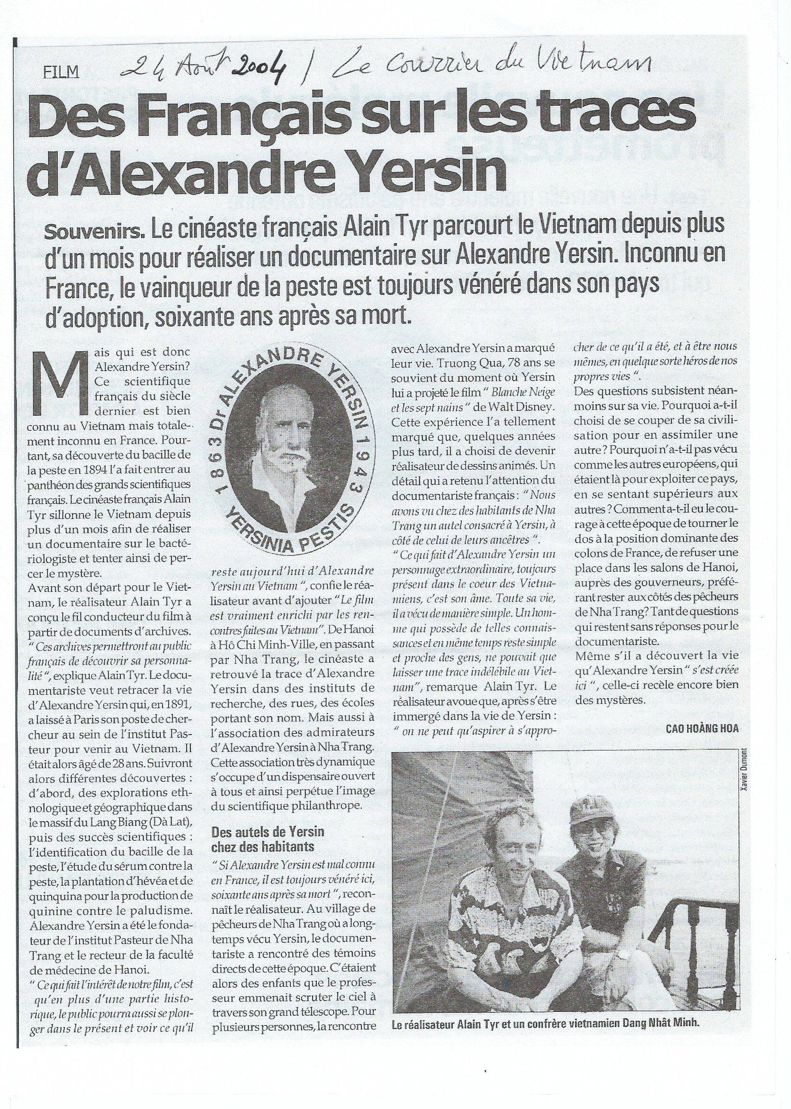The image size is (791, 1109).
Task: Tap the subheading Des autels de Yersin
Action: coord(268,832)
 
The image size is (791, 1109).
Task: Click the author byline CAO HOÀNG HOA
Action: coord(701,728)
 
